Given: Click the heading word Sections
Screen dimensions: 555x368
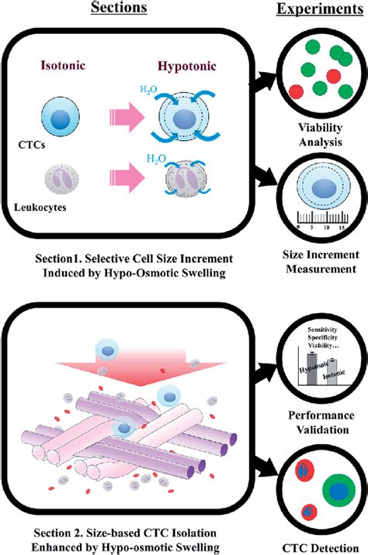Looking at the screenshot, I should [x=124, y=9].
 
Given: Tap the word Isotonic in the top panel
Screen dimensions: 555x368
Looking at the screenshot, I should [x=82, y=67].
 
